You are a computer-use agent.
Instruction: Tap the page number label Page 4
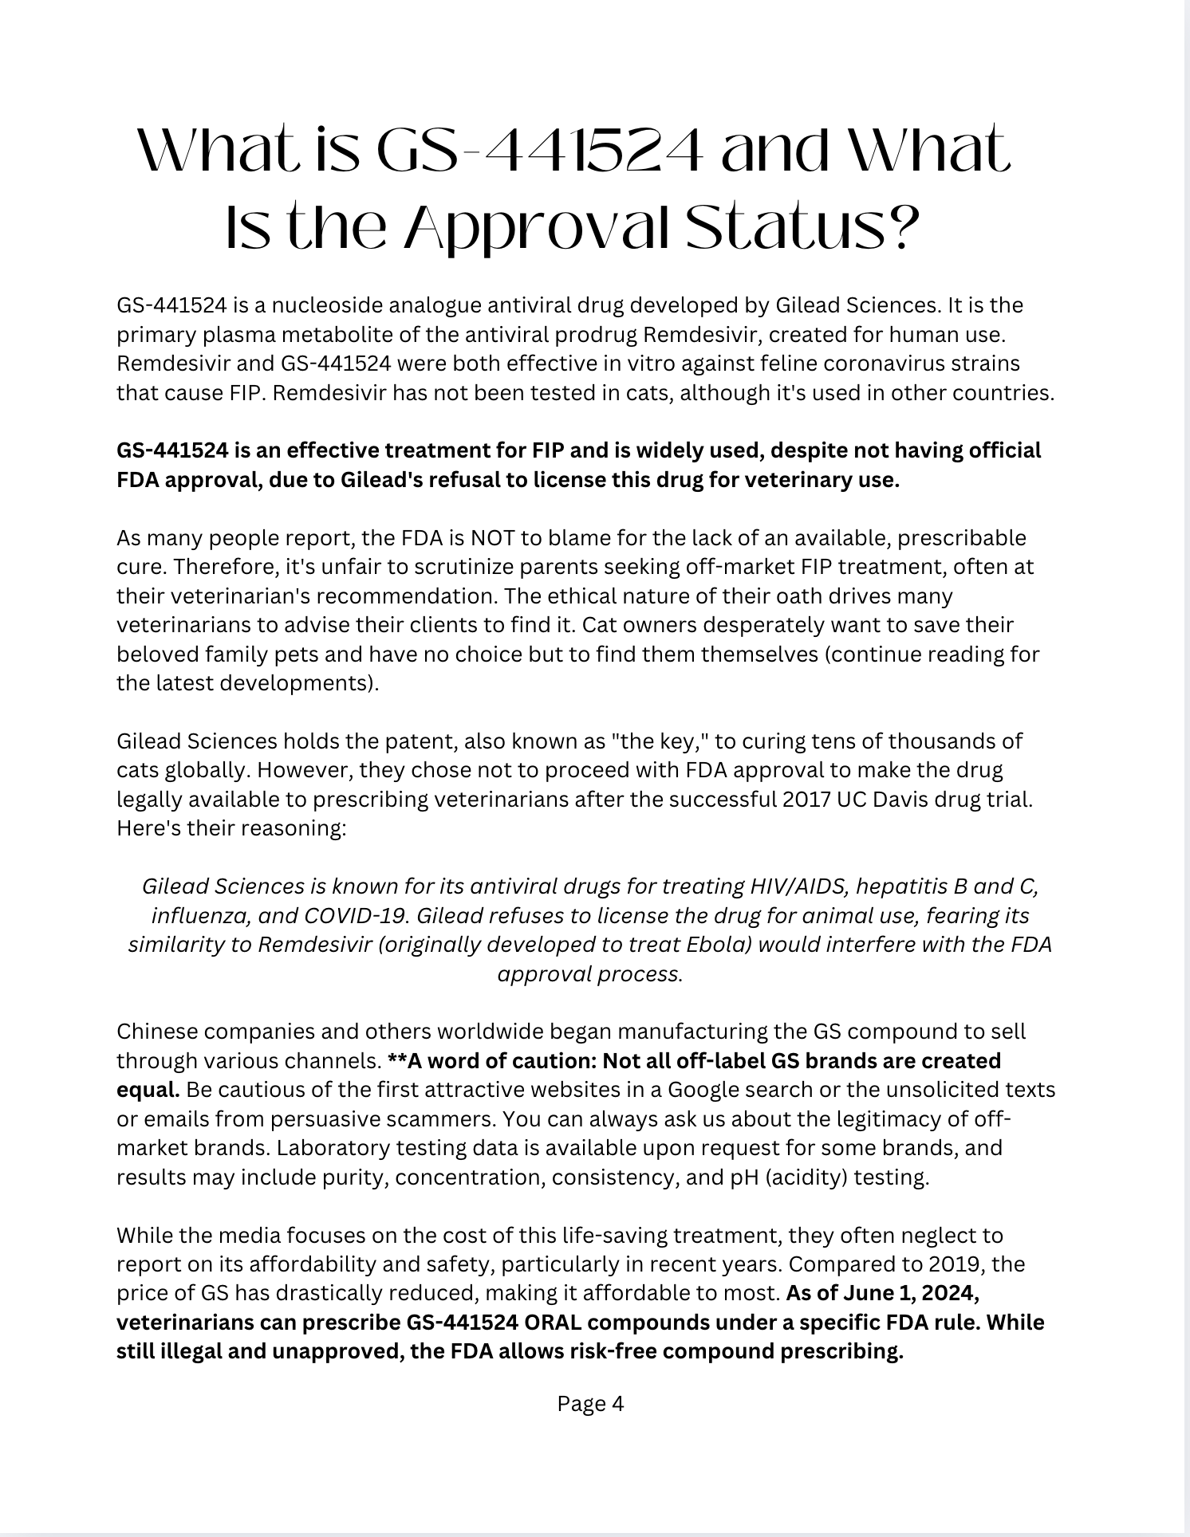point(590,1403)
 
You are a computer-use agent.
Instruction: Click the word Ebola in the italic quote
point(717,945)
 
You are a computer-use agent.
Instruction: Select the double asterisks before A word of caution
point(396,1061)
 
